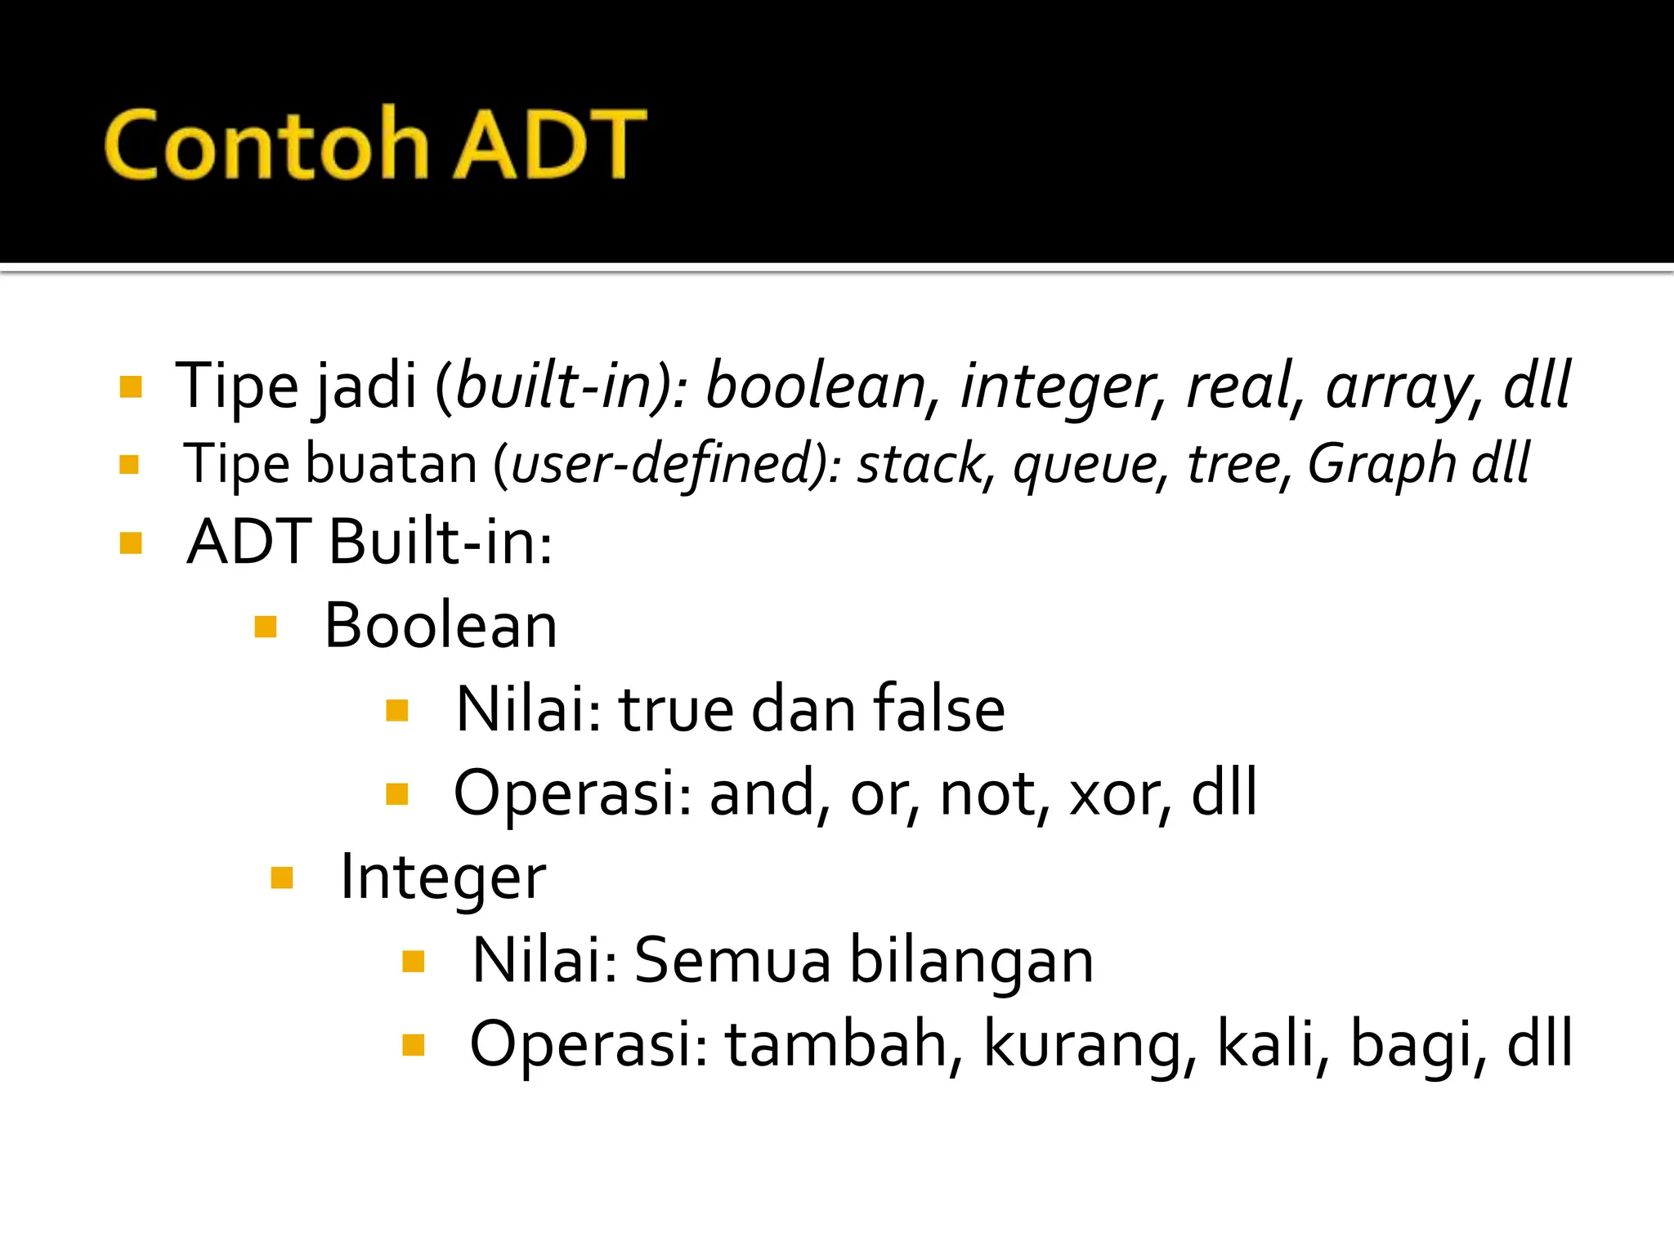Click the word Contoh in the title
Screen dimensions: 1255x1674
tap(266, 144)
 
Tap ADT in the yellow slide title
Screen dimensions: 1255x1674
tap(548, 144)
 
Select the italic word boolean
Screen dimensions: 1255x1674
tap(815, 386)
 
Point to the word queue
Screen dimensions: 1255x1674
tap(1084, 464)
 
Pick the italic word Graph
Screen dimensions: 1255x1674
tap(1381, 464)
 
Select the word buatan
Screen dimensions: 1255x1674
tap(391, 464)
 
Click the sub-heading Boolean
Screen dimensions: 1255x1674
tap(441, 626)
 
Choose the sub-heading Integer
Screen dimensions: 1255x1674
tap(442, 878)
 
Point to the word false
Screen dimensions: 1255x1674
tap(939, 709)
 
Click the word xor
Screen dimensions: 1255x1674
tap(1118, 793)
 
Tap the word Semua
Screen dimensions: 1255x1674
tap(732, 960)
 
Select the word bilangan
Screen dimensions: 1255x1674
tap(971, 962)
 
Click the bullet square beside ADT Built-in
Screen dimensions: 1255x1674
tap(131, 543)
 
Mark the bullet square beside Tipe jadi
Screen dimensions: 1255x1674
tap(131, 386)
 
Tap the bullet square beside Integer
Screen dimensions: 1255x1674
tap(281, 878)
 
